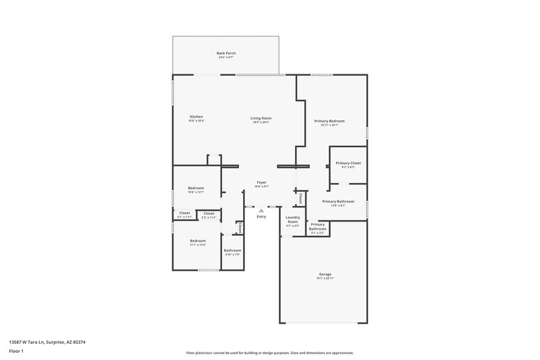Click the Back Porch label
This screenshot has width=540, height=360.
tap(225, 53)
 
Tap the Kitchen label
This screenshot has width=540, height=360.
tap(196, 117)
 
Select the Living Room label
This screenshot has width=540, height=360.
tap(261, 118)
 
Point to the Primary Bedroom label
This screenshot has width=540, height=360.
tap(326, 121)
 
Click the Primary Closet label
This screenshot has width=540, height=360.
tap(348, 163)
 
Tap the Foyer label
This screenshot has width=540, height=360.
tap(261, 182)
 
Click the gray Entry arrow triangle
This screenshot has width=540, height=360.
tap(261, 209)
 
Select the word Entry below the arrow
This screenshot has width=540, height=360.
tap(261, 216)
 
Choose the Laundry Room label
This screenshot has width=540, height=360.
tap(292, 220)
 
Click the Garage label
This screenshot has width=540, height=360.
tap(325, 274)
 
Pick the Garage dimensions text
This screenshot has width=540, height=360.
tap(325, 278)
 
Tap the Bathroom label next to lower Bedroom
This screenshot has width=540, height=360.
tap(232, 250)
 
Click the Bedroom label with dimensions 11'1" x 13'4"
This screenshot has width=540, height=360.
tap(198, 240)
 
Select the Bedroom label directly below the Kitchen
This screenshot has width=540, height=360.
tap(196, 188)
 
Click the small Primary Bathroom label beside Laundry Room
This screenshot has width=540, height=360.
tap(318, 226)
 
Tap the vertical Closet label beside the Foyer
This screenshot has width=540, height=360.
tap(300, 198)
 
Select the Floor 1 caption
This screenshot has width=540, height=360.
tap(16, 352)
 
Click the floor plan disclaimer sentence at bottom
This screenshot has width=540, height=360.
tap(269, 353)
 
